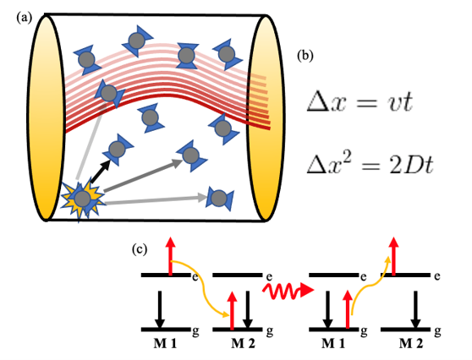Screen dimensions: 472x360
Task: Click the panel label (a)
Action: click(x=24, y=18)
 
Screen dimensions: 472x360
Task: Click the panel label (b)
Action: click(x=305, y=56)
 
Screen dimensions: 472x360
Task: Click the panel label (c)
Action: click(x=140, y=249)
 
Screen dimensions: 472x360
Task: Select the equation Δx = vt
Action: click(x=359, y=102)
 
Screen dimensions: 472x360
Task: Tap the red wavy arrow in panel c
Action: click(x=288, y=291)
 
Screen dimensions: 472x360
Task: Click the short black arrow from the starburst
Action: click(x=101, y=172)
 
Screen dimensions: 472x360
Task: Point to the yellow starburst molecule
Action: click(x=83, y=199)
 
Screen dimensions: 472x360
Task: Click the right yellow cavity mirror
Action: click(x=266, y=117)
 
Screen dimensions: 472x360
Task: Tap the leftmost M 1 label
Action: click(x=165, y=343)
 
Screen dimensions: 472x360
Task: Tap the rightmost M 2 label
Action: click(x=411, y=343)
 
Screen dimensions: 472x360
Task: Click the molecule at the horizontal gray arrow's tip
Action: click(x=219, y=199)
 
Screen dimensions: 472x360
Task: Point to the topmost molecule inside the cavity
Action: click(x=138, y=41)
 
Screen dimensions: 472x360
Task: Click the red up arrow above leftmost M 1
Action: click(x=171, y=256)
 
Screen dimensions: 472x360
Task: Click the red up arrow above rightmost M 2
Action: click(x=393, y=256)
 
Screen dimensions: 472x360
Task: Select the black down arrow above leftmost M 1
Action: click(x=160, y=309)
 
